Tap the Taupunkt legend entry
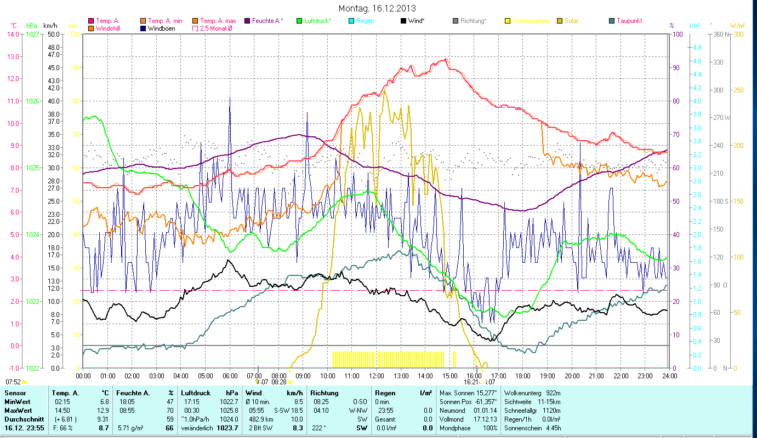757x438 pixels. pyautogui.click(x=629, y=21)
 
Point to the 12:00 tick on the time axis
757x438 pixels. pyautogui.click(x=377, y=376)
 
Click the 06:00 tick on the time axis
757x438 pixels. pyautogui.click(x=230, y=376)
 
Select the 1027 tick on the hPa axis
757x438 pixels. pyautogui.click(x=32, y=34)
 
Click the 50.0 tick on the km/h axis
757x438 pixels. pyautogui.click(x=53, y=34)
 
